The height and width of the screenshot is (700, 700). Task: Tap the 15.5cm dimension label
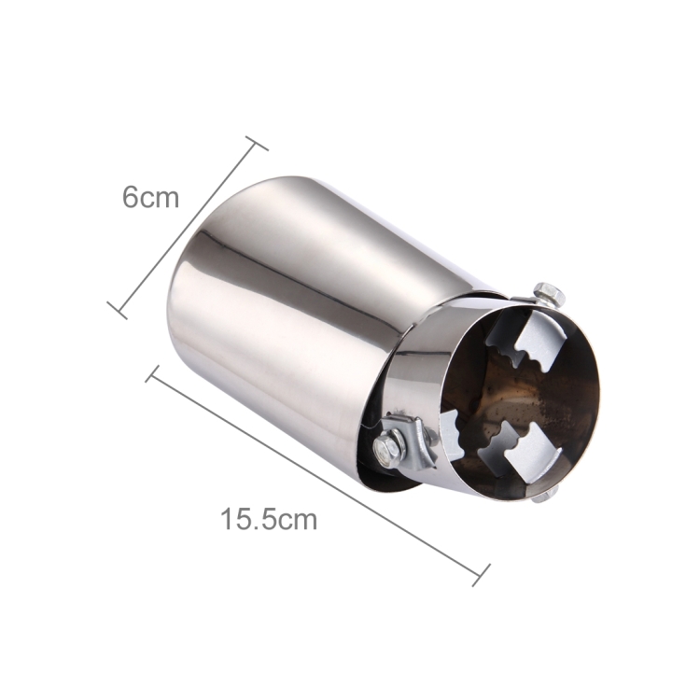pos(269,519)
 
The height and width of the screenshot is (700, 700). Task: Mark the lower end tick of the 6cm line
pos(117,310)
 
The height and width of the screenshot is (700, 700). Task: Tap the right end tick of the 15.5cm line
pos(482,575)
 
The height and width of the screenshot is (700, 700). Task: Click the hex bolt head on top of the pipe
pos(549,295)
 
